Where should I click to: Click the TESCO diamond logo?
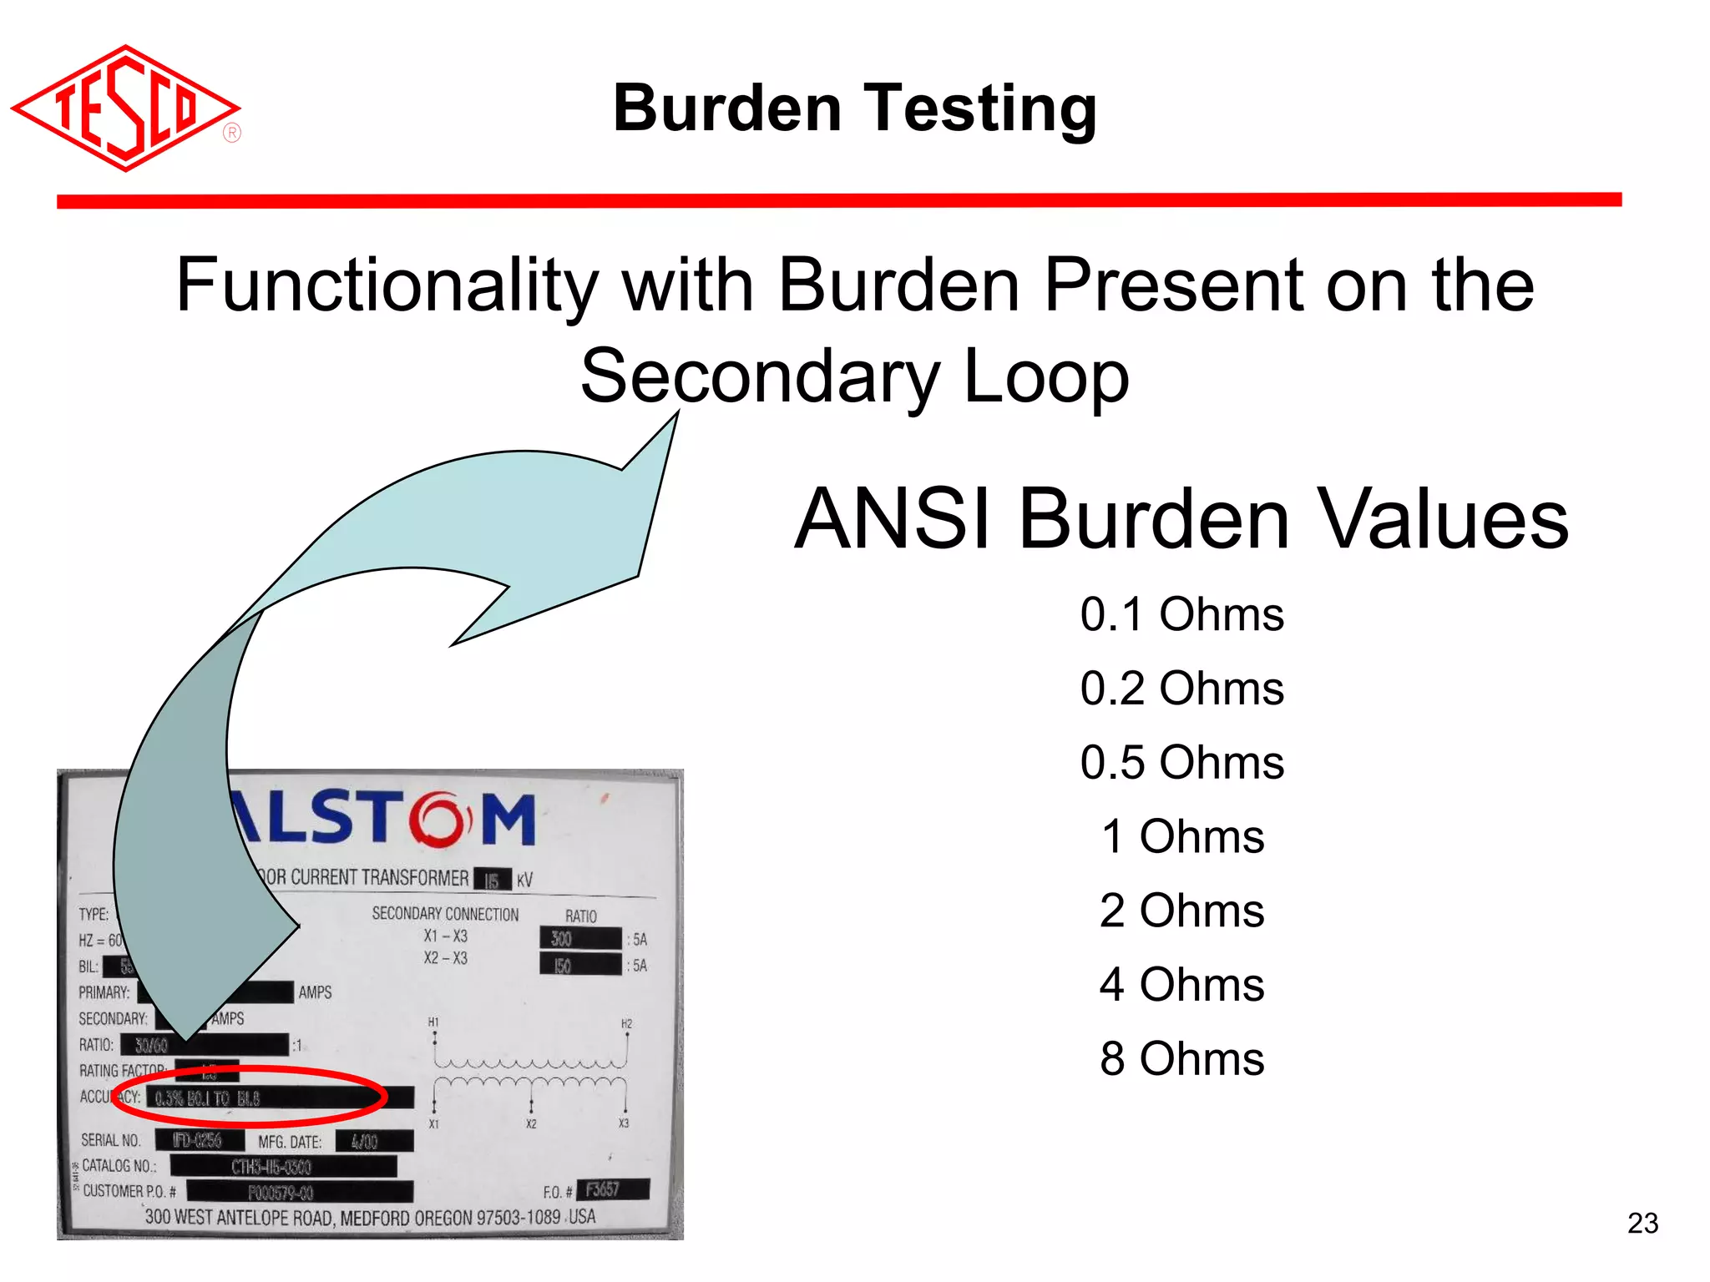pos(125,109)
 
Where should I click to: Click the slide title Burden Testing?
pos(854,109)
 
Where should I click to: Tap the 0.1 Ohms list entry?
pos(1181,614)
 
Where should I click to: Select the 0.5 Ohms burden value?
pos(1181,762)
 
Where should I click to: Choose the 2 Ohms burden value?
pos(1181,910)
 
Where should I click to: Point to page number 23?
pos(1642,1223)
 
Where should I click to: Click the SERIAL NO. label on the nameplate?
pos(111,1140)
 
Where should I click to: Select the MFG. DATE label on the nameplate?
pos(290,1142)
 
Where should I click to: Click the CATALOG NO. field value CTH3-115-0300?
pos(271,1167)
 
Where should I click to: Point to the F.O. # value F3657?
pos(603,1189)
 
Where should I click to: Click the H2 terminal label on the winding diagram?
pos(626,1023)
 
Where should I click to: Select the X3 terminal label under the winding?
pos(623,1123)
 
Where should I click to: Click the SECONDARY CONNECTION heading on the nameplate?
pos(445,914)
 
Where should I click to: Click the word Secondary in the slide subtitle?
pos(760,376)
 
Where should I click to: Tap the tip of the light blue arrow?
pos(676,412)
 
